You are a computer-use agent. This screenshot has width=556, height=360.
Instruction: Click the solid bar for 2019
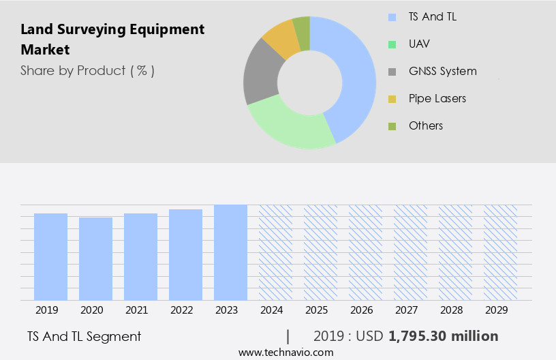[x=50, y=256]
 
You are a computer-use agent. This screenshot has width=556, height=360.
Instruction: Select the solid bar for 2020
[x=95, y=258]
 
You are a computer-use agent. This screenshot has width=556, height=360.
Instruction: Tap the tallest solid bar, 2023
[x=230, y=252]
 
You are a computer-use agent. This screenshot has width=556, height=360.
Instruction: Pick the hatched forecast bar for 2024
[x=275, y=252]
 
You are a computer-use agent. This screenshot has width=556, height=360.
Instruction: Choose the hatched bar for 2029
[x=500, y=252]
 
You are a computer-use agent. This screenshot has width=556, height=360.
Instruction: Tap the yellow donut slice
[x=280, y=38]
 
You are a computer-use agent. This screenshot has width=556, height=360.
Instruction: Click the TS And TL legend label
[x=432, y=16]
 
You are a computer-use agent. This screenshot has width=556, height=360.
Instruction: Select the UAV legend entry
[x=419, y=44]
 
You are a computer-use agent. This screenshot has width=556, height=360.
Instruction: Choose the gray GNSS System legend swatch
[x=392, y=72]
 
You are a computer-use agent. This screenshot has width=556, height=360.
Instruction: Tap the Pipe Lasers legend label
[x=437, y=98]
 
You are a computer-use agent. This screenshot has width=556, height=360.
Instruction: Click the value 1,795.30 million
[x=443, y=336]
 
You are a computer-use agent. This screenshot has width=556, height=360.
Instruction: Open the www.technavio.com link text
[x=286, y=352]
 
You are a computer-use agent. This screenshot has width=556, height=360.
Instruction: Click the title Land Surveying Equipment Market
[x=112, y=40]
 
